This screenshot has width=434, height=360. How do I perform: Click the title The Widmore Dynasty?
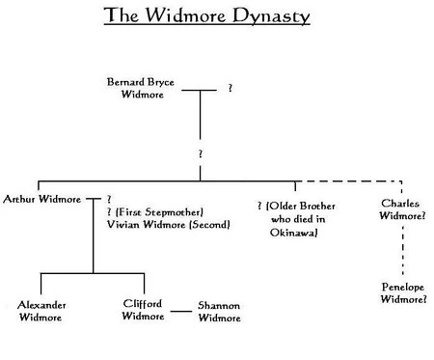coord(216,17)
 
